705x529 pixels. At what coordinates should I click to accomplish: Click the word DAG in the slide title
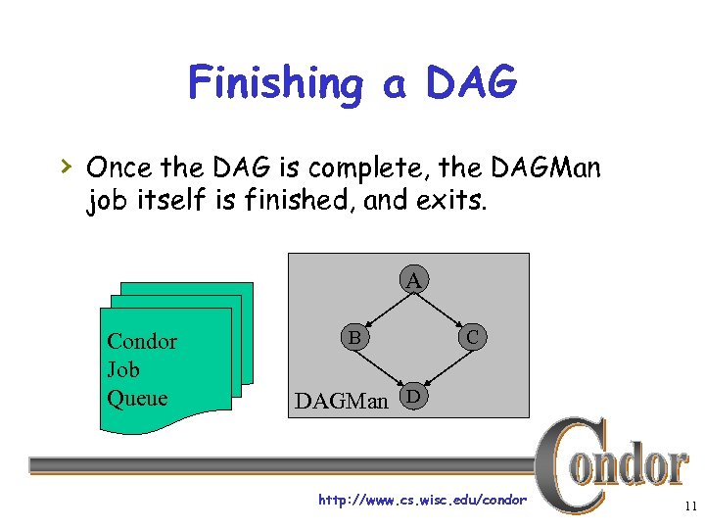[x=471, y=82]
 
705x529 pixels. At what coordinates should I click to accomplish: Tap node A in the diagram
[x=415, y=280]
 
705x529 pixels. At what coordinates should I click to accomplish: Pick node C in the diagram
[x=472, y=337]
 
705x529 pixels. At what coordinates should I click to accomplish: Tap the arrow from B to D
[x=384, y=366]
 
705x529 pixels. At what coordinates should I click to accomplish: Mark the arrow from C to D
[x=444, y=367]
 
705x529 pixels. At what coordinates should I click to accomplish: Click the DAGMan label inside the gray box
[x=342, y=401]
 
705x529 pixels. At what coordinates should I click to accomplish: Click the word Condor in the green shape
[x=142, y=342]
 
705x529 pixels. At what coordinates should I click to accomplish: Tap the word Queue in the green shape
[x=137, y=398]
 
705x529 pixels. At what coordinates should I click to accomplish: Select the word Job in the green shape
[x=122, y=370]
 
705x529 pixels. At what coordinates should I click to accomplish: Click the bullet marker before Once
[x=66, y=167]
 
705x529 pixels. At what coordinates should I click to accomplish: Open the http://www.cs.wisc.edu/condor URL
[x=422, y=501]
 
